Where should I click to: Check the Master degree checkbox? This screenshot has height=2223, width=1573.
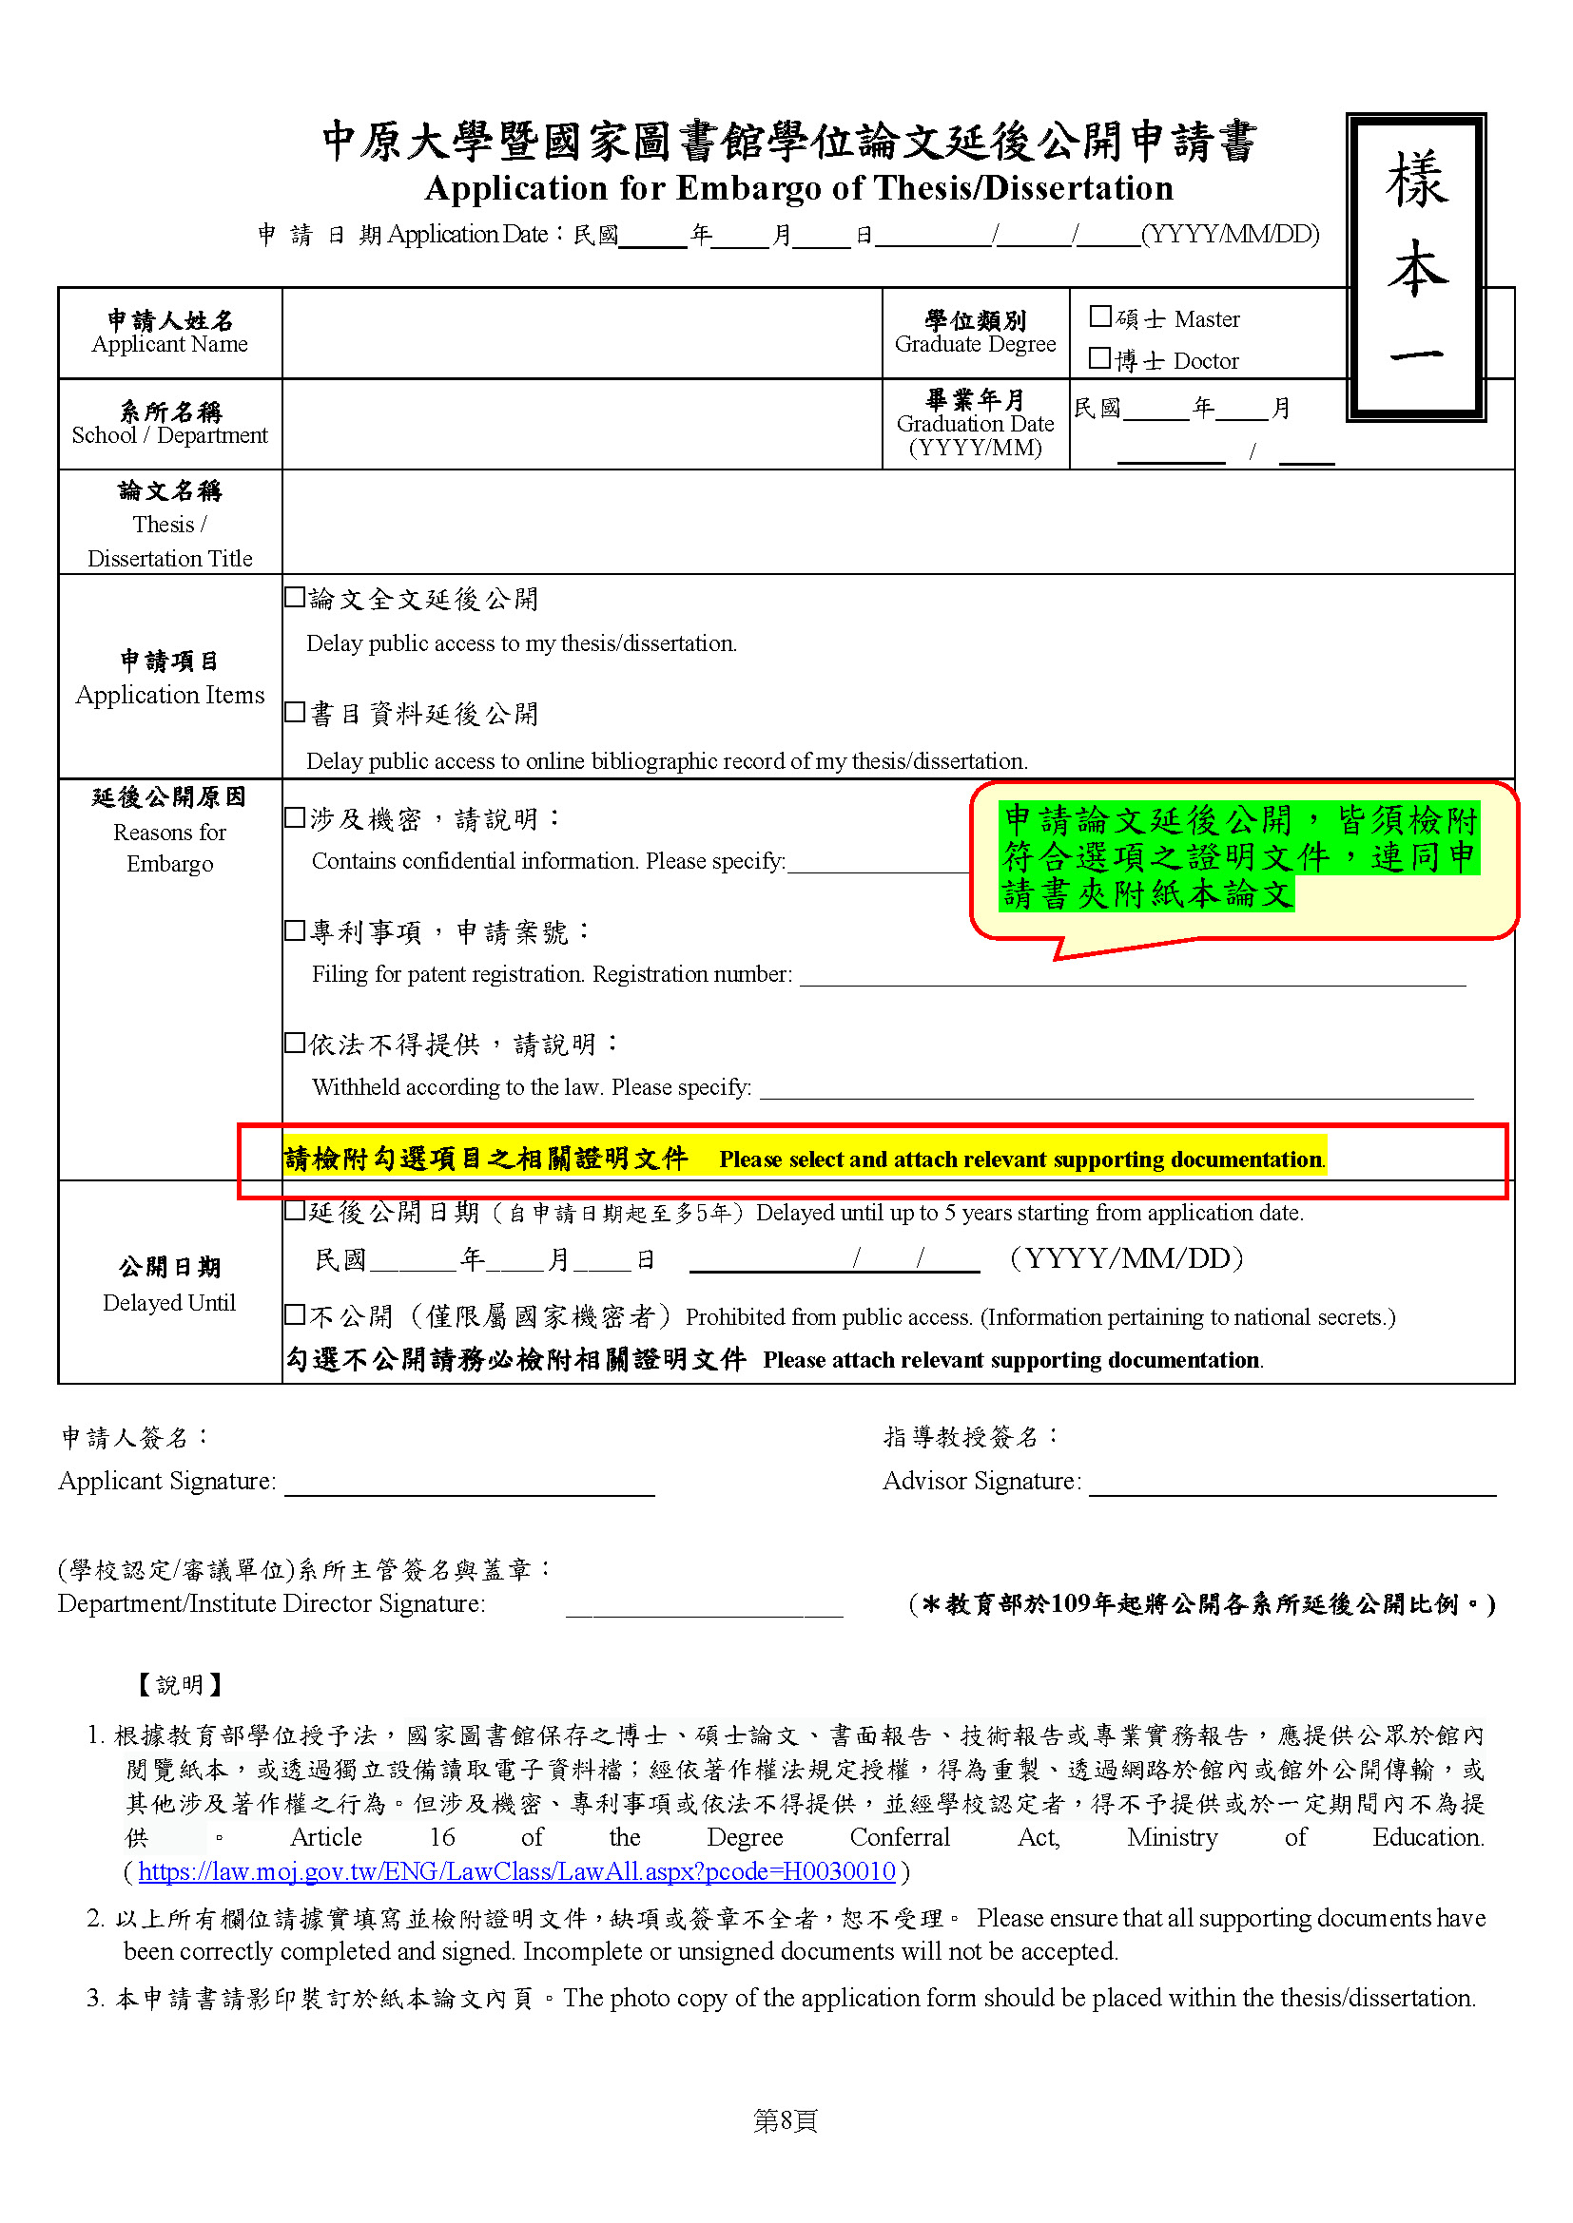tap(1099, 316)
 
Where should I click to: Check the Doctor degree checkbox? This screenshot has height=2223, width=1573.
tap(1099, 358)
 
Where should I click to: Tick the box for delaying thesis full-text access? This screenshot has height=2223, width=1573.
tap(295, 598)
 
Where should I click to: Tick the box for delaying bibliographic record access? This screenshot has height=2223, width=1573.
tap(295, 713)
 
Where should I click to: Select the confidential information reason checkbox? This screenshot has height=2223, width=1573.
tap(295, 818)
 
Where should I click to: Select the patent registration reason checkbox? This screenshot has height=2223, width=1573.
tap(295, 931)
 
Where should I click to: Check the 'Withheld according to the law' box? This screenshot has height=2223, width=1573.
tap(295, 1043)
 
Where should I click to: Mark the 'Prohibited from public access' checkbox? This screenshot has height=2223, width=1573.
tap(295, 1314)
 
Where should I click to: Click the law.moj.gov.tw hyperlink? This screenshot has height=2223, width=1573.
tap(516, 1871)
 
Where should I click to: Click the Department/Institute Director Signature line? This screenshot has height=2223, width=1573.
tap(704, 1606)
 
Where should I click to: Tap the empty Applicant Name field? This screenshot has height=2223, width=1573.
tap(581, 332)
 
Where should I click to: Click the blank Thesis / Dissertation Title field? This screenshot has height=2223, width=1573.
tap(897, 522)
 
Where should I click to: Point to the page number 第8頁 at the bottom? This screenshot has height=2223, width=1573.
tap(786, 2121)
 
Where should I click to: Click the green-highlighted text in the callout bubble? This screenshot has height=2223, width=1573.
tap(1239, 857)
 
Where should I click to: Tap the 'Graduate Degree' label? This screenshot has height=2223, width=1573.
tap(975, 345)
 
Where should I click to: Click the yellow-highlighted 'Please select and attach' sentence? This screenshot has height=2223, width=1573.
tap(1020, 1159)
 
